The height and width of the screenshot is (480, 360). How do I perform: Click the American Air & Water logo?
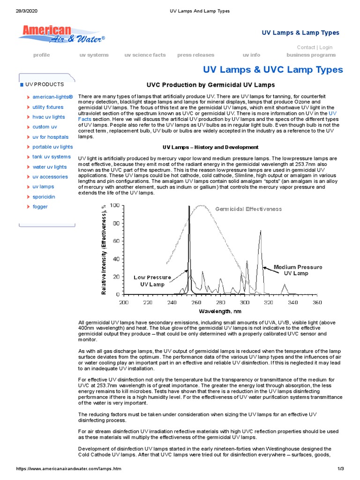point(61,34)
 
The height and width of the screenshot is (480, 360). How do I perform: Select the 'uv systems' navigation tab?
point(94,55)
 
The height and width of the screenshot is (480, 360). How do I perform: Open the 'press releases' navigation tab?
point(195,55)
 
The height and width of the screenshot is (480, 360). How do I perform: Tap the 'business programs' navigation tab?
point(311,55)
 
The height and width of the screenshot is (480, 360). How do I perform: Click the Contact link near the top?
point(306,47)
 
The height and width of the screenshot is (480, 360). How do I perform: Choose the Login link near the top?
point(326,47)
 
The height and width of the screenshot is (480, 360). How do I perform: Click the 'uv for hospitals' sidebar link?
point(50,137)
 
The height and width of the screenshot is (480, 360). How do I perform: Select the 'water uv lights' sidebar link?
point(49,167)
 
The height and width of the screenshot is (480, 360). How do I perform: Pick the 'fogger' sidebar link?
point(40,207)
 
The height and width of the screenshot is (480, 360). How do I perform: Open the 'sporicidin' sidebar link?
point(43,197)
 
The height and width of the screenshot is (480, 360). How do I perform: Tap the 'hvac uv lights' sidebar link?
point(48,117)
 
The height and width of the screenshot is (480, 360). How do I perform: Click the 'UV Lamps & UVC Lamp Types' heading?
point(272,70)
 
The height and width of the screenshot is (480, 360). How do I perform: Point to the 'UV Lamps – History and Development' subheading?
point(210,147)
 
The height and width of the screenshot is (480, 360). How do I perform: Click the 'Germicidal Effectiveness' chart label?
point(248,209)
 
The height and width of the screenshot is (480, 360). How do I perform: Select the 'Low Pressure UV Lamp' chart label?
point(152,280)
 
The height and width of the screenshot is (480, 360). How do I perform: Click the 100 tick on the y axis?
point(114,205)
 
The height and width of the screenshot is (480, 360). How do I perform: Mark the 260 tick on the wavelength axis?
point(196,302)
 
